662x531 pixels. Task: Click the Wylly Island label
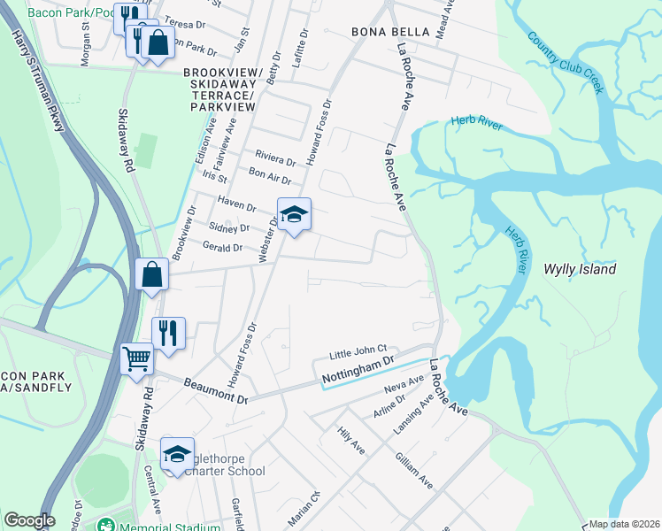coord(580,269)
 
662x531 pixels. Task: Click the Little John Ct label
coord(358,352)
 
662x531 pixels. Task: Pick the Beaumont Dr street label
coord(216,389)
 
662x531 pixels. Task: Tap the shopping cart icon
coord(137,359)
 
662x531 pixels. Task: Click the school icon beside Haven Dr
coord(294,213)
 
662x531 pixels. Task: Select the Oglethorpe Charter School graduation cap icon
coord(177,454)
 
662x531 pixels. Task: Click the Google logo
coord(29,520)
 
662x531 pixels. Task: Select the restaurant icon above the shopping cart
coord(168,333)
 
